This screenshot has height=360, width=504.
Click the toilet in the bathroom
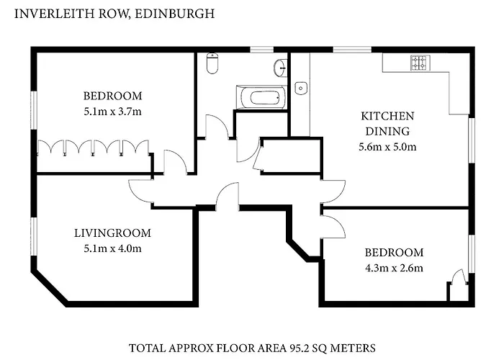coord(212,63)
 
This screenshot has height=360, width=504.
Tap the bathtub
coord(261,97)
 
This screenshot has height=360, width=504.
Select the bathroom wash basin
coord(281,68)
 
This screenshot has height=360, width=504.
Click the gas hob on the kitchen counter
coord(420,63)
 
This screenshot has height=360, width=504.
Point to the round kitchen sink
coord(301,88)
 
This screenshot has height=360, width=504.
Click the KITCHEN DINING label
coord(387,123)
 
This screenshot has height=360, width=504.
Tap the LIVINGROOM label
coord(112,233)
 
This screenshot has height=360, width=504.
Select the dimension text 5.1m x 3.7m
coord(112,112)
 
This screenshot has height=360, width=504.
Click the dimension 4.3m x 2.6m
coord(394,268)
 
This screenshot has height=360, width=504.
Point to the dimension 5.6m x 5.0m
coord(387,147)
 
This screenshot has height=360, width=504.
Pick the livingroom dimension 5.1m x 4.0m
coord(112,248)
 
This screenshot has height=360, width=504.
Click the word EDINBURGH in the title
coord(174,14)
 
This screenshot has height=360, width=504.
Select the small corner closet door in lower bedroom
coord(459,276)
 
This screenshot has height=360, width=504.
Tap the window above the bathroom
coord(262,50)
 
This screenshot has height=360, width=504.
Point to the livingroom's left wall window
coord(34,237)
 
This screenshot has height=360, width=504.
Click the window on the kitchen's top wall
coord(352,50)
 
